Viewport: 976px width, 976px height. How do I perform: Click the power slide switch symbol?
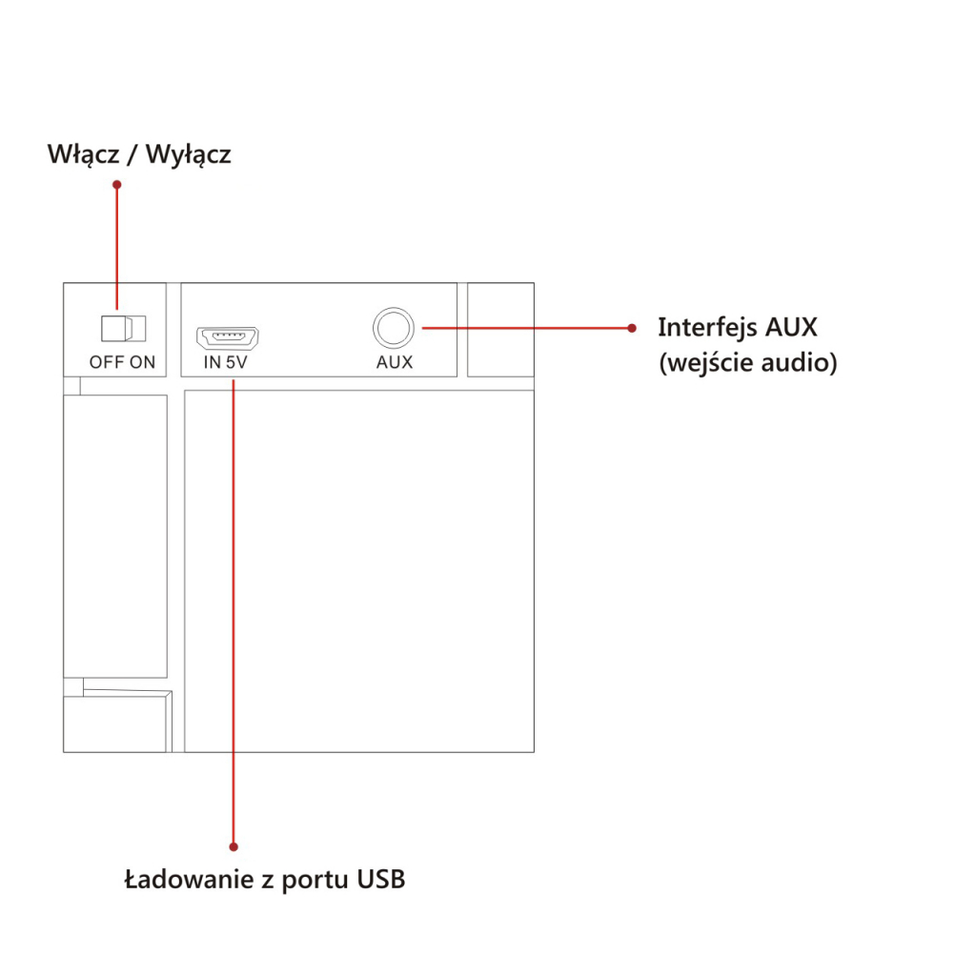pyautogui.click(x=123, y=328)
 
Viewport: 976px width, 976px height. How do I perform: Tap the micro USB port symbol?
pyautogui.click(x=229, y=337)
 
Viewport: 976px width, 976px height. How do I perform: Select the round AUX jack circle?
pyautogui.click(x=394, y=328)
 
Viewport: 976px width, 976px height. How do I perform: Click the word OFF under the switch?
pyautogui.click(x=107, y=363)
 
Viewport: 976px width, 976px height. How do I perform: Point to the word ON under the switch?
pyautogui.click(x=143, y=363)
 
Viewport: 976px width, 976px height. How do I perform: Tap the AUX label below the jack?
pyautogui.click(x=395, y=363)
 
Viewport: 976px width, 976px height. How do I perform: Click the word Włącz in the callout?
pyautogui.click(x=82, y=154)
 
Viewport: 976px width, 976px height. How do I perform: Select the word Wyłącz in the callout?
pyautogui.click(x=188, y=154)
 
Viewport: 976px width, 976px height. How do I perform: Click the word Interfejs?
pyautogui.click(x=707, y=328)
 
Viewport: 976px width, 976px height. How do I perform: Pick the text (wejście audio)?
pyautogui.click(x=748, y=363)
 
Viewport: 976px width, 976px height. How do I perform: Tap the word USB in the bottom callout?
pyautogui.click(x=381, y=879)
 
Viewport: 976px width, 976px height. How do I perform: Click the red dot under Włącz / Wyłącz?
pyautogui.click(x=117, y=184)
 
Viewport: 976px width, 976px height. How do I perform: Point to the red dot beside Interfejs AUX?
pyautogui.click(x=631, y=328)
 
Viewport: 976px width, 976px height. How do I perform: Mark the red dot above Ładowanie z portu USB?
pyautogui.click(x=234, y=845)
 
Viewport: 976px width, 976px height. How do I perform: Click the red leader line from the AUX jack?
pyautogui.click(x=524, y=328)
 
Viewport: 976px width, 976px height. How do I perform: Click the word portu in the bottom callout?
pyautogui.click(x=315, y=880)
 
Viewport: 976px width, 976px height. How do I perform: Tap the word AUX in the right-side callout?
pyautogui.click(x=791, y=328)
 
